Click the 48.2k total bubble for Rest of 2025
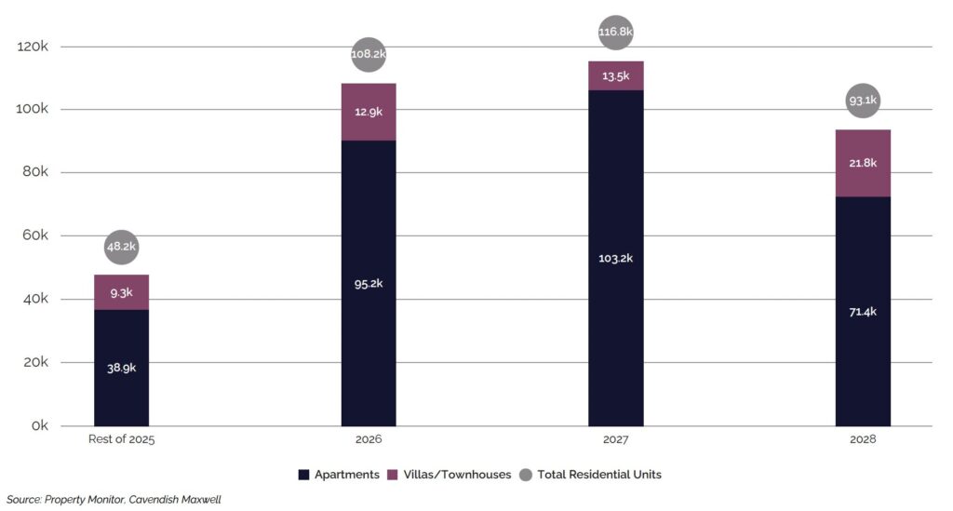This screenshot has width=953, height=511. click(121, 247)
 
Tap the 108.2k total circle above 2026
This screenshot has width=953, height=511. click(369, 54)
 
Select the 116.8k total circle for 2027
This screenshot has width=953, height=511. click(615, 33)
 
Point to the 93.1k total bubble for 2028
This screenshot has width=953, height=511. click(863, 100)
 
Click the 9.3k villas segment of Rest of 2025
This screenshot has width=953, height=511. click(121, 292)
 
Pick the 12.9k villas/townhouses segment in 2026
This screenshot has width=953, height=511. click(369, 112)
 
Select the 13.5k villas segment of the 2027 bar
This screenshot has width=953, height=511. click(615, 76)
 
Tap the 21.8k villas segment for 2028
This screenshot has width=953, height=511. click(863, 163)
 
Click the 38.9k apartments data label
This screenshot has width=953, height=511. click(121, 368)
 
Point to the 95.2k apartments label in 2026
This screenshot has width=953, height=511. click(369, 283)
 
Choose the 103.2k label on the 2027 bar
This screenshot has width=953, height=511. click(615, 258)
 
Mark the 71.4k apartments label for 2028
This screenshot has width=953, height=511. click(863, 311)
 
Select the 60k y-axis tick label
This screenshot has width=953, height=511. click(35, 236)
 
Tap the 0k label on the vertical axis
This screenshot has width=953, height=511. click(40, 426)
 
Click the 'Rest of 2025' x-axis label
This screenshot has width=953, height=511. click(121, 438)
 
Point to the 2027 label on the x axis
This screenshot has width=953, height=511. click(615, 438)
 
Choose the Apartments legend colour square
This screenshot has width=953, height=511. click(303, 475)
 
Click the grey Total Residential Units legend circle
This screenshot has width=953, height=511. click(526, 475)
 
